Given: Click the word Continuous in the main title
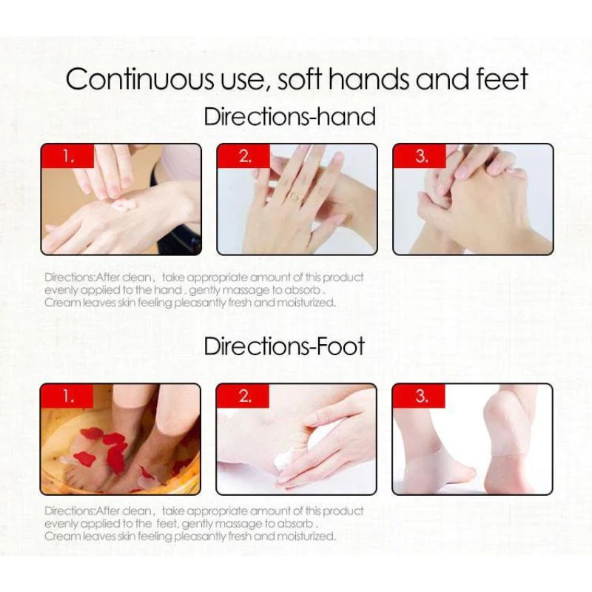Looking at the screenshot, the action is click(x=139, y=79).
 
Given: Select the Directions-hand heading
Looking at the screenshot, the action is click(x=289, y=117).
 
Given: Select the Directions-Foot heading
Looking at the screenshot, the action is click(x=284, y=346).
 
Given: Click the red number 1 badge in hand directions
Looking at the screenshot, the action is click(x=67, y=156).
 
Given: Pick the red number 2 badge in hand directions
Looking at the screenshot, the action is click(x=244, y=156).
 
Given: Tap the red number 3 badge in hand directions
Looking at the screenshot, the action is click(x=420, y=156).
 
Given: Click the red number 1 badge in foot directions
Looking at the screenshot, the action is click(x=67, y=396).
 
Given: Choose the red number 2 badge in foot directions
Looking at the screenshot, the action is click(x=243, y=396).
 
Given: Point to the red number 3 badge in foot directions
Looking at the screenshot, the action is click(x=419, y=396).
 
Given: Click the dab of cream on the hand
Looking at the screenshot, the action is click(x=123, y=206).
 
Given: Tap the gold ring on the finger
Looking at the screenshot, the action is click(x=295, y=195).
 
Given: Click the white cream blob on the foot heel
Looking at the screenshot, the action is click(x=282, y=460).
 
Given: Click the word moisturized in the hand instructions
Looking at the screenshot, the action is click(x=306, y=303).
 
